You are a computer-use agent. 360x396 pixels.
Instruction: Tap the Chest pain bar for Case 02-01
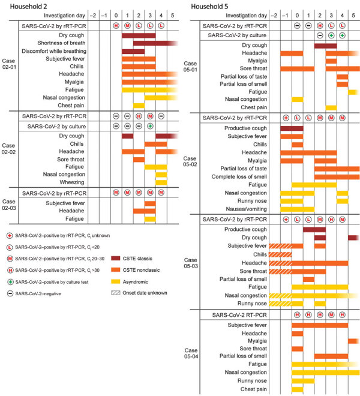pos(139,106)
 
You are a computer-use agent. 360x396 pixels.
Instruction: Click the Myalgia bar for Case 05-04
pos(354,341)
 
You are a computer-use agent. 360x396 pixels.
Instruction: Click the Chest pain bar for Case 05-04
pos(297,389)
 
